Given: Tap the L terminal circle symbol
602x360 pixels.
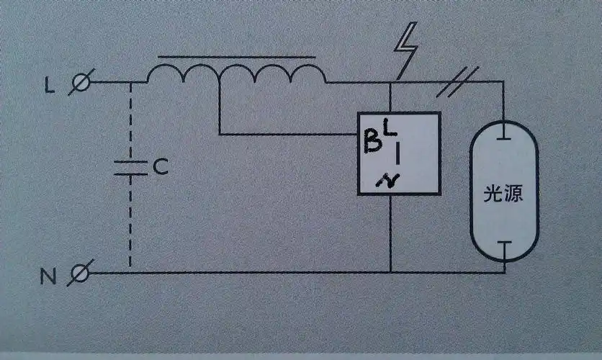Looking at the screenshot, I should pos(81,84).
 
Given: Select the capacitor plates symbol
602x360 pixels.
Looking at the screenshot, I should pos(131,168).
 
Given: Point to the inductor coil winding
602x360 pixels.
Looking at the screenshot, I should pos(237,73).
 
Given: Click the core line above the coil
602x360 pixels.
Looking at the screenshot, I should pos(237,56).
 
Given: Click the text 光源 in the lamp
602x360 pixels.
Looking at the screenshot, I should pos(503,194).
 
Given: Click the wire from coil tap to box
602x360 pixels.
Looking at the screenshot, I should pos(288,133).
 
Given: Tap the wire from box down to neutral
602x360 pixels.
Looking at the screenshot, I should pos(390,234).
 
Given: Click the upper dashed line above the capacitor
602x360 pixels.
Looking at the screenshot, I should pos(131,119).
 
